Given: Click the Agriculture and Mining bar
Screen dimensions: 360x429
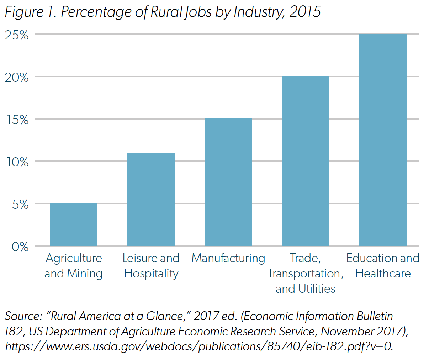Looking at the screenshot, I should pyautogui.click(x=74, y=224).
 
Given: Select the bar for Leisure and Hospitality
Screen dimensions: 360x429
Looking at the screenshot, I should pyautogui.click(x=151, y=199).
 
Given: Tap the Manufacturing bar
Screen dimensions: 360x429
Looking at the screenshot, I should pyautogui.click(x=228, y=182).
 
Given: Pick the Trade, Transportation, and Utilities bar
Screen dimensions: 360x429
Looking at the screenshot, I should pyautogui.click(x=305, y=161).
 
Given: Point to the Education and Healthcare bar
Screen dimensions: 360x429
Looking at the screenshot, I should pyautogui.click(x=382, y=140).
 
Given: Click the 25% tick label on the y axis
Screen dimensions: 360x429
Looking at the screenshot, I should pyautogui.click(x=17, y=35).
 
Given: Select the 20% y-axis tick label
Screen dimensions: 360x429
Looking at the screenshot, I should pyautogui.click(x=17, y=78).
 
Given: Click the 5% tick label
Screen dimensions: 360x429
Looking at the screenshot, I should pyautogui.click(x=20, y=205).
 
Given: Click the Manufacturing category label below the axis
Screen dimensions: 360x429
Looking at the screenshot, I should pyautogui.click(x=228, y=258).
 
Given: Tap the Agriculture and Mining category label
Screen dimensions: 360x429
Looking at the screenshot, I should pyautogui.click(x=74, y=266).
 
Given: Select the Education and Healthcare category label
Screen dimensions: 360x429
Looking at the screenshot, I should pyautogui.click(x=383, y=266).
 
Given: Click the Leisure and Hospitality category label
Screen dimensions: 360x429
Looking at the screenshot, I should pyautogui.click(x=151, y=266).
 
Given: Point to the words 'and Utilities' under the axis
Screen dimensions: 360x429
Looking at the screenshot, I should pyautogui.click(x=305, y=288).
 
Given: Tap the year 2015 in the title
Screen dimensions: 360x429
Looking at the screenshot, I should pyautogui.click(x=305, y=12).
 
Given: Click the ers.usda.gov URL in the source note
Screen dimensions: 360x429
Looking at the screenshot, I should pyautogui.click(x=199, y=346).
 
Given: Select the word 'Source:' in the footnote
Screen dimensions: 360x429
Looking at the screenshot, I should pyautogui.click(x=23, y=316).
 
